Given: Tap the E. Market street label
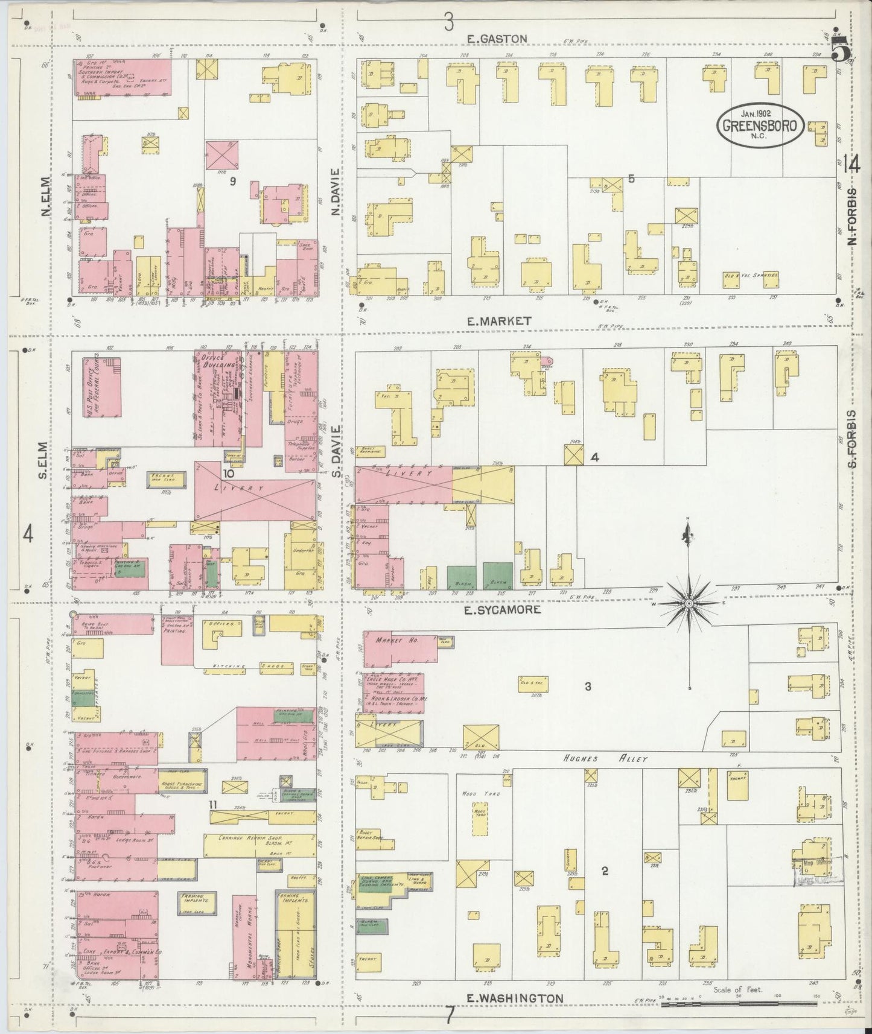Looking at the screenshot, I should point(500,321).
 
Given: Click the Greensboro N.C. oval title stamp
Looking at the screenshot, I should point(760,125).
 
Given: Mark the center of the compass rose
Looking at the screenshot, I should point(689,603).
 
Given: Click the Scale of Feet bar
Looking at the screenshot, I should point(739,1004).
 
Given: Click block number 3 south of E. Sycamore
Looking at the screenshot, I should point(587,686).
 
